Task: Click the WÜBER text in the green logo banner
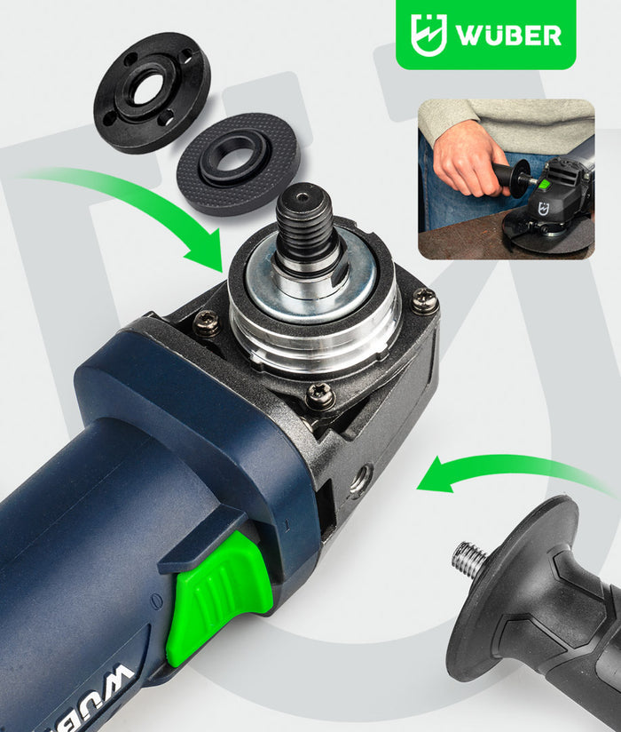(508, 35)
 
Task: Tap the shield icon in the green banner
(428, 35)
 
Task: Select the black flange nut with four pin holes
(153, 92)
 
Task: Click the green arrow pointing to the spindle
(140, 205)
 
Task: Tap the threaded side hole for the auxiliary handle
(359, 481)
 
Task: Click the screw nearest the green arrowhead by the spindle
(207, 322)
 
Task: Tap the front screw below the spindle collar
(321, 396)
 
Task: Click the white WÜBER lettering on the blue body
(93, 700)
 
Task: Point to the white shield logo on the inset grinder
(544, 208)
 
